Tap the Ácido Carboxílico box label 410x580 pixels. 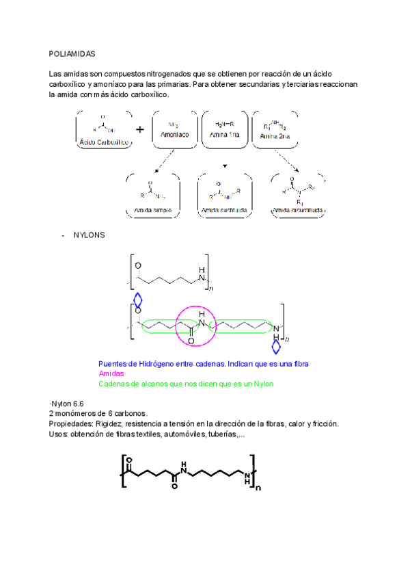103,142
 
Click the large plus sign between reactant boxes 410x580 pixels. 140,129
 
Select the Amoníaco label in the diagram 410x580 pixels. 174,136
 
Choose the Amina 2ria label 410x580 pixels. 274,137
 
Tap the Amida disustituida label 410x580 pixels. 298,209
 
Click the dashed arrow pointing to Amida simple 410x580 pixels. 163,161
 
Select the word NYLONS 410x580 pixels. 88,236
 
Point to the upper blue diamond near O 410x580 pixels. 138,300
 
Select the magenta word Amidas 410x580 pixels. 111,374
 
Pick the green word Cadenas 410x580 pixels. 114,384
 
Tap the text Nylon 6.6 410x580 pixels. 67,404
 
